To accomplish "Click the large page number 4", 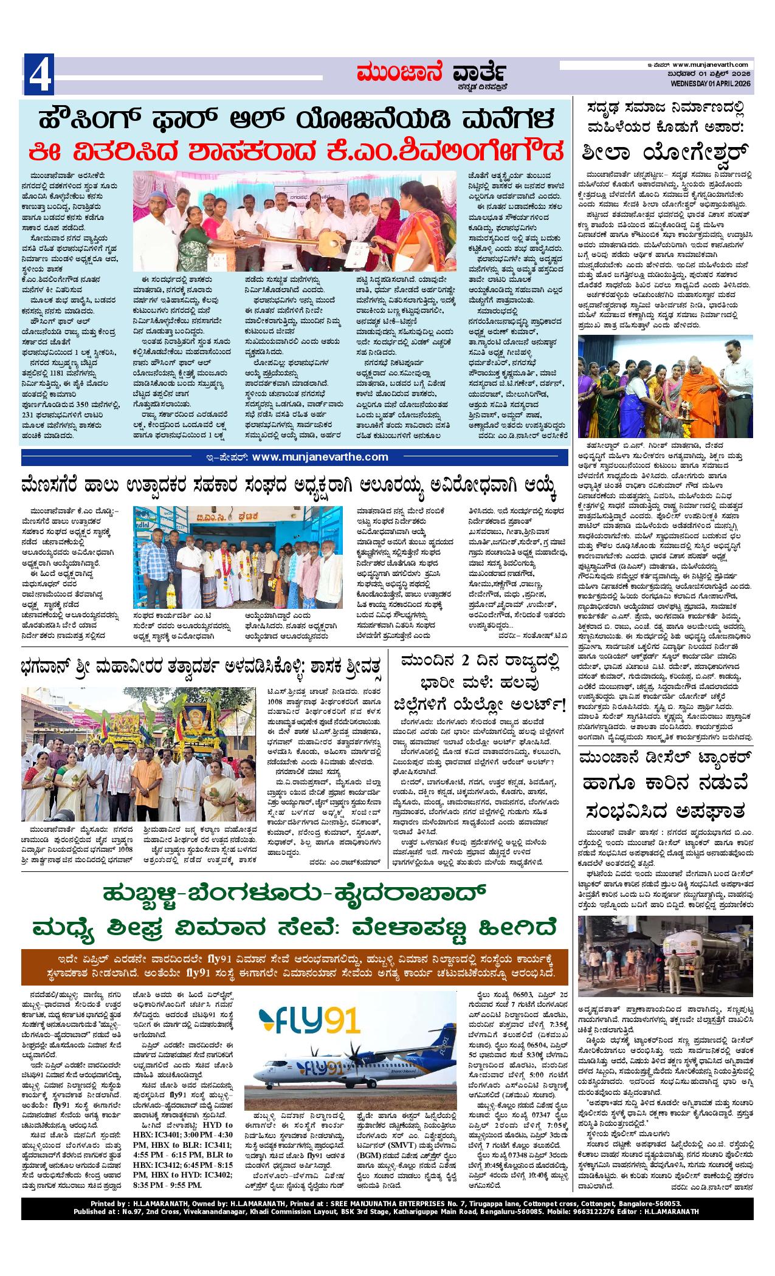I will [39, 76].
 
